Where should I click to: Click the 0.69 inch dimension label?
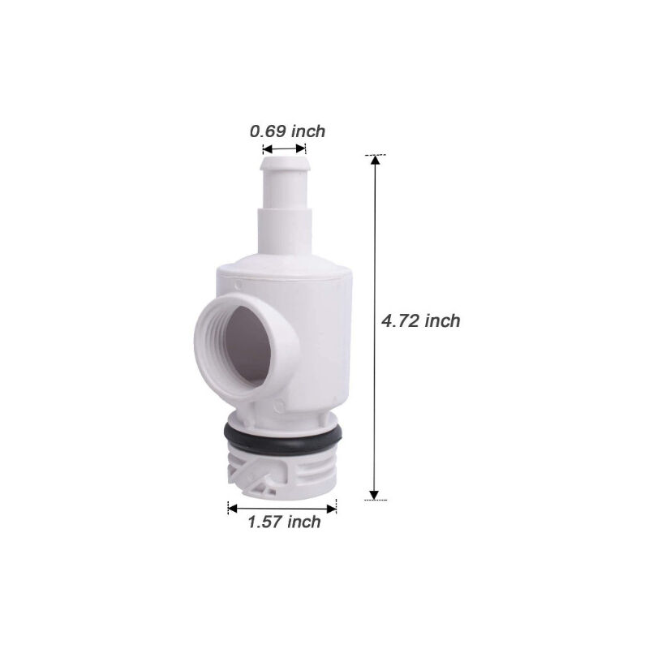coord(287,131)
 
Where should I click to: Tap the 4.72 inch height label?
coord(421,320)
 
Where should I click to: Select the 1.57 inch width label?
coord(284,522)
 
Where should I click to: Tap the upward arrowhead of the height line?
coord(375,161)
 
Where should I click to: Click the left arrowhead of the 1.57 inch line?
coord(232,509)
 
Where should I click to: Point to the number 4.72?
coord(401,320)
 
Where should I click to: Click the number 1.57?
coord(264,522)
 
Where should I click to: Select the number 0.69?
coord(268,131)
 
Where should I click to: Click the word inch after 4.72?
coord(442,320)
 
